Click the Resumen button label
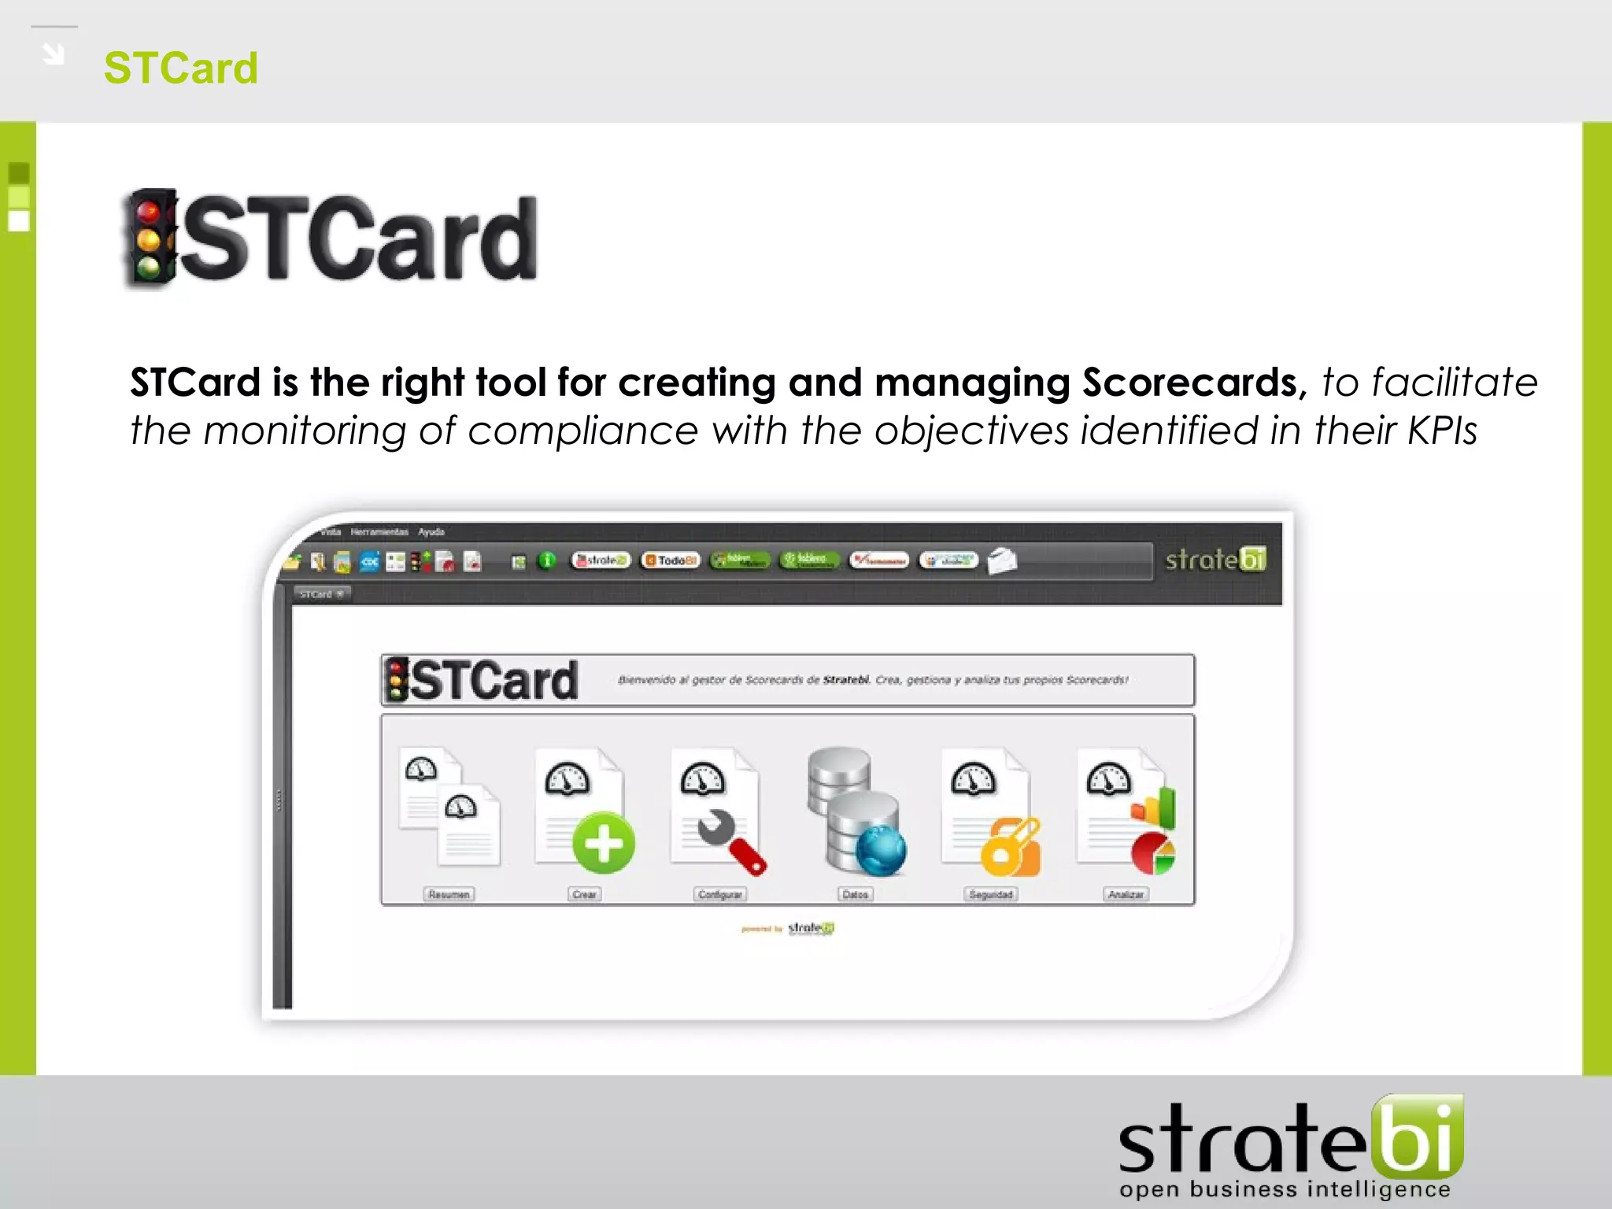pos(449,894)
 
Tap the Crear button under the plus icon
pos(584,894)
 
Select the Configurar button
pos(720,894)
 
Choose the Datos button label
pos(855,894)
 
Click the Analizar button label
pos(1126,894)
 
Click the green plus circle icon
pos(604,843)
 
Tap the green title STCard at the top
pos(181,68)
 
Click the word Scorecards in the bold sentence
pos(1189,383)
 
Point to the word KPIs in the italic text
pos(1442,431)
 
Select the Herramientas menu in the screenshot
pos(379,532)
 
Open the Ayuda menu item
pos(431,532)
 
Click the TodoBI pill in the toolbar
pos(671,560)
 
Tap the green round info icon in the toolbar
pos(546,560)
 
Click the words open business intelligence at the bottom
pos(1285,1189)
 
